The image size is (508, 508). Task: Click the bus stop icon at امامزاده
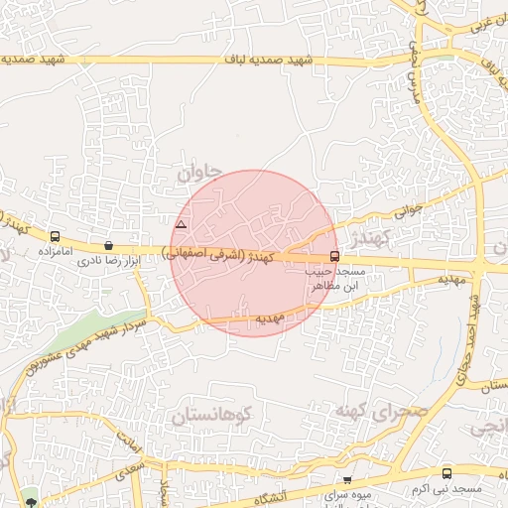[54, 236]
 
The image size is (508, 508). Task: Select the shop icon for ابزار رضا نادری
[108, 245]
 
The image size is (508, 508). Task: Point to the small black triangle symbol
[180, 225]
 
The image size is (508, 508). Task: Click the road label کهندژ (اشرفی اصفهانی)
[222, 256]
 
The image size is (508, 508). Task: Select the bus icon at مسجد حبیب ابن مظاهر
[334, 256]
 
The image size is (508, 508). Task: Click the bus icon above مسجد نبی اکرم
[446, 473]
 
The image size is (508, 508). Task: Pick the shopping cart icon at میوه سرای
[346, 480]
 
